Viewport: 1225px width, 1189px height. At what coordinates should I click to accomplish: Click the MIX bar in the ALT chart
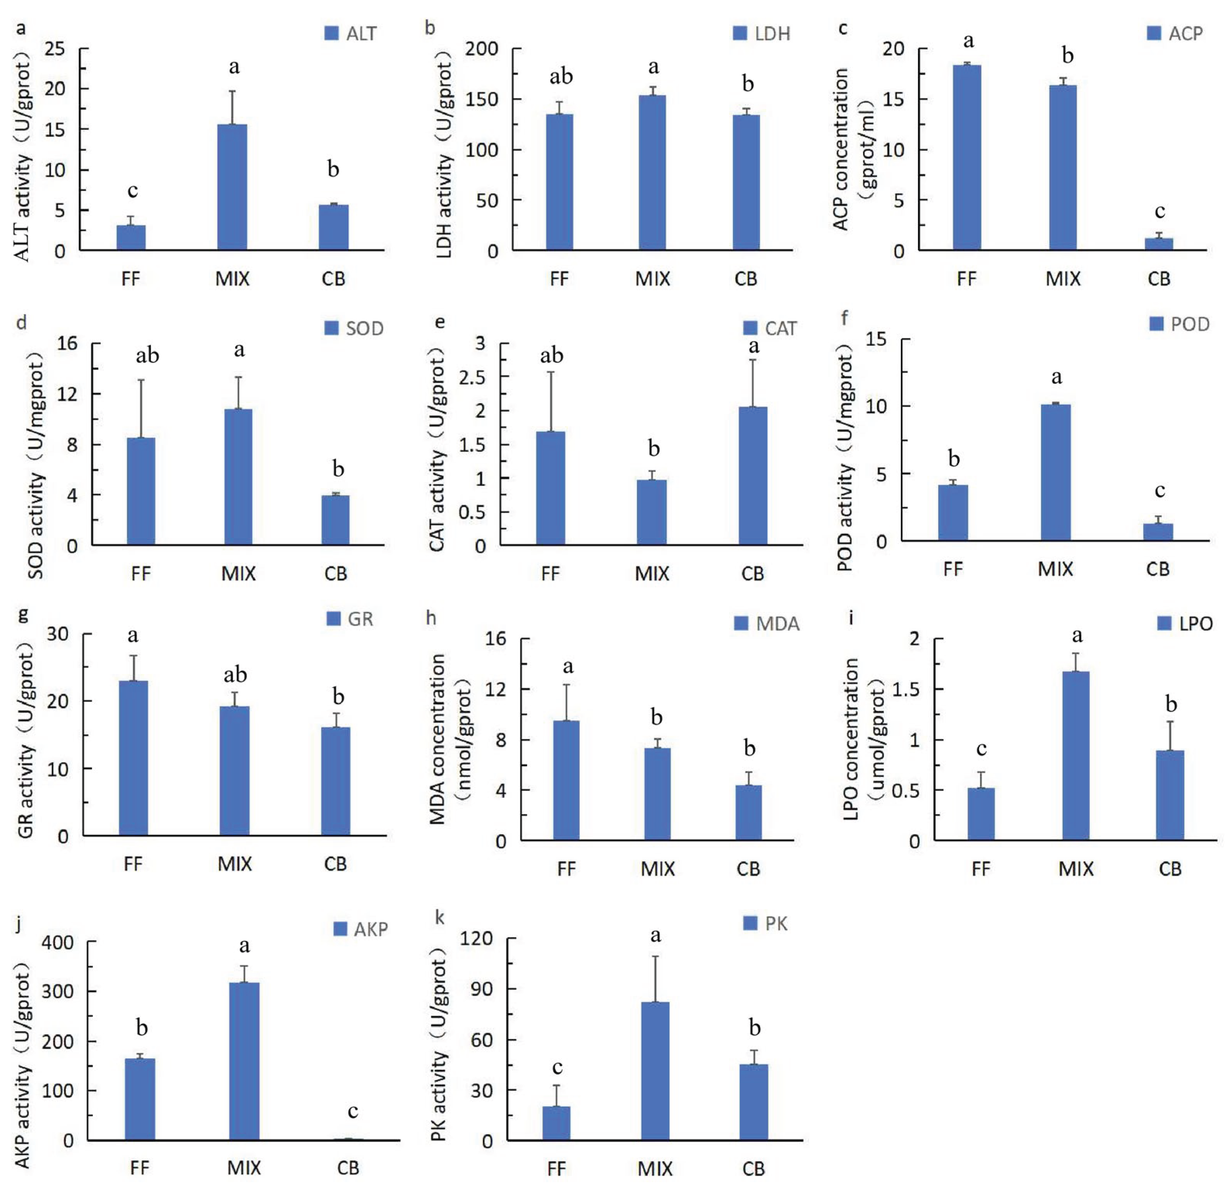pos(232,187)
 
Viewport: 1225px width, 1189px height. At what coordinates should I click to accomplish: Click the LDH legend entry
pos(762,33)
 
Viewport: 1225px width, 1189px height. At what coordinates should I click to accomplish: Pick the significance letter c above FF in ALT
pos(132,190)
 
